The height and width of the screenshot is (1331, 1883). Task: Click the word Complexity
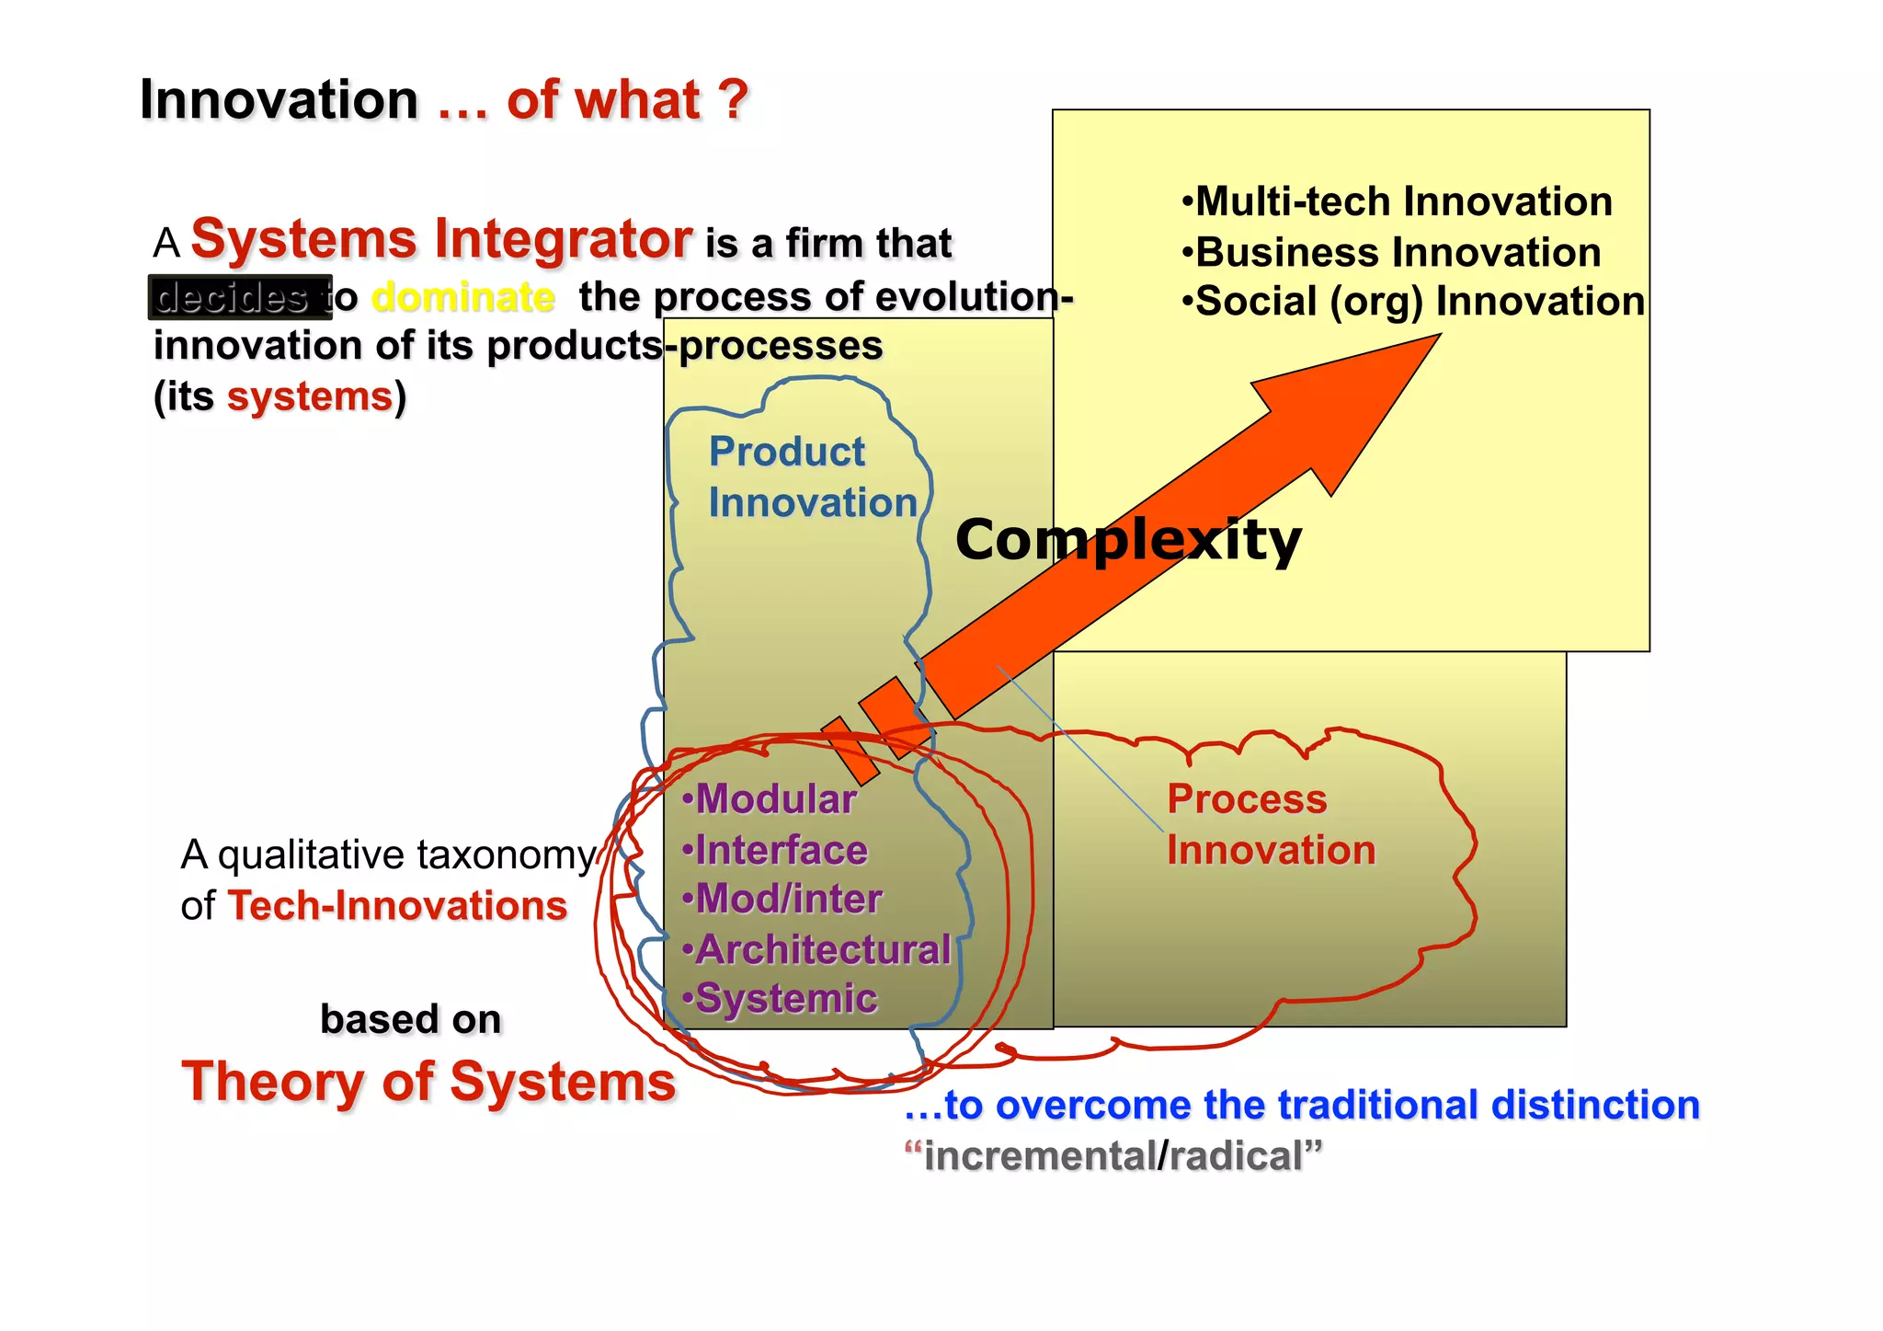point(1128,540)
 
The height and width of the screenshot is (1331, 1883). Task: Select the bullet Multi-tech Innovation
point(1398,201)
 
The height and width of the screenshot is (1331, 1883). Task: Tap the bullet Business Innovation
point(1392,252)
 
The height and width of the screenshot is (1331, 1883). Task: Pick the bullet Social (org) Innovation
point(1414,302)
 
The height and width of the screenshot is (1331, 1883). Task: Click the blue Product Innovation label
point(813,477)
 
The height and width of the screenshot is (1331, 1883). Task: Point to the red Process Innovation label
point(1270,824)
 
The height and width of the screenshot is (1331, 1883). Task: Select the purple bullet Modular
point(770,798)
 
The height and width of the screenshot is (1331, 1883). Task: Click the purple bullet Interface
point(776,850)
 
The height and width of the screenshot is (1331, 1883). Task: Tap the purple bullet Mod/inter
point(783,899)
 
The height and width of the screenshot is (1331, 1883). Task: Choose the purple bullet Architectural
point(817,949)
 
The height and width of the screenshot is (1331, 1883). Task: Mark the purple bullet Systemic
point(781,998)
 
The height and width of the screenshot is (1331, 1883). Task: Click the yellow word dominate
point(462,297)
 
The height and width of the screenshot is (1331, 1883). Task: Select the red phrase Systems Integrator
point(441,239)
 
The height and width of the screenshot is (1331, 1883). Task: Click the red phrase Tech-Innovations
point(397,906)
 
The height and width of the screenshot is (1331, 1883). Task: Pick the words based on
point(410,1019)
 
